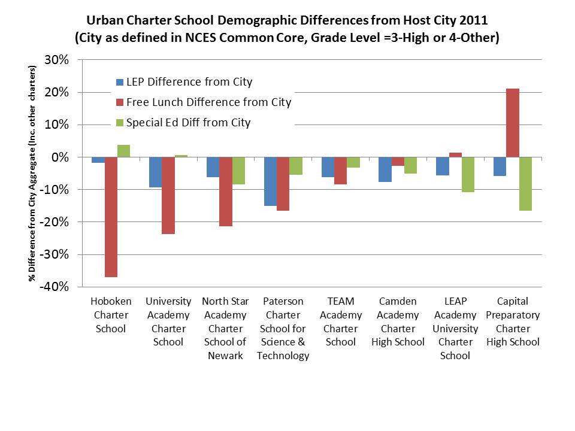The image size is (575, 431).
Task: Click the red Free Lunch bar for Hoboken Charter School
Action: (x=111, y=217)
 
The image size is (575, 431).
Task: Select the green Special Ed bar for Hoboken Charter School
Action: (x=123, y=151)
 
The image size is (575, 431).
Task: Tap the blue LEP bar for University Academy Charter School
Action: (x=155, y=172)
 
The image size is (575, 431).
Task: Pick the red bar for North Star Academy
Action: (x=226, y=192)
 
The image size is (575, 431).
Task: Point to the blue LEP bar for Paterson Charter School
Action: (x=270, y=181)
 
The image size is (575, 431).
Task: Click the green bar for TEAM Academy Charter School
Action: (x=353, y=162)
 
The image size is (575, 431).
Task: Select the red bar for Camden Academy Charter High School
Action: (x=398, y=162)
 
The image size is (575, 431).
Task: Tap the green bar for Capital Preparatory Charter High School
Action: (x=525, y=184)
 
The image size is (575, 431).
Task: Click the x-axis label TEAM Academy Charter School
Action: (x=341, y=321)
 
